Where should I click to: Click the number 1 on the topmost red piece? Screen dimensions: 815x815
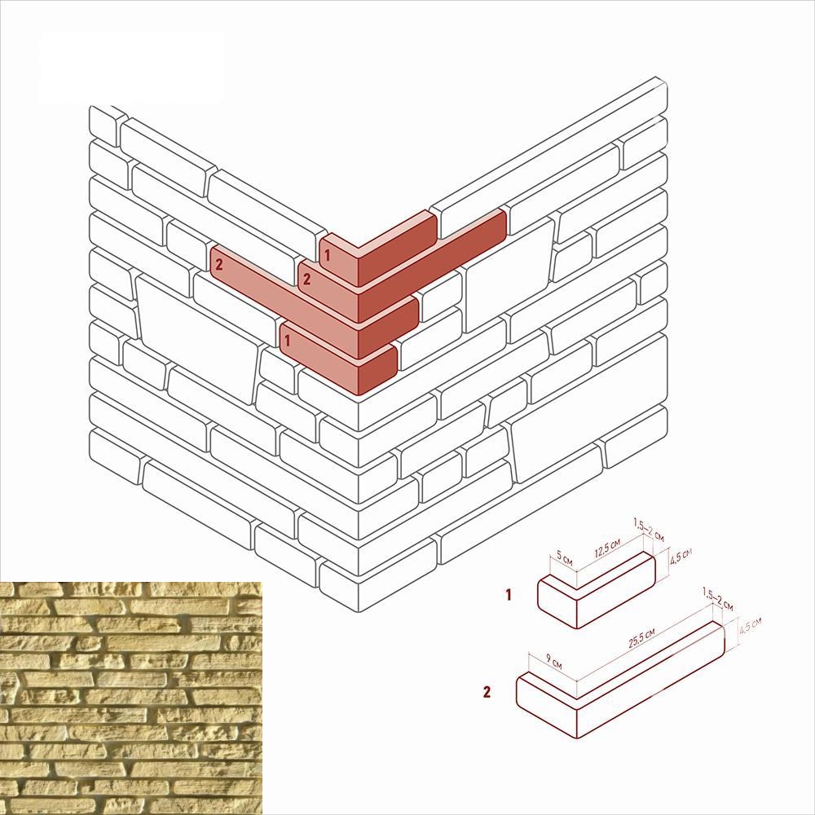point(328,255)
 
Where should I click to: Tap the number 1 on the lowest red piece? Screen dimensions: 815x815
point(288,341)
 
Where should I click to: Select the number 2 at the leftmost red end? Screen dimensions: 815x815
point(218,265)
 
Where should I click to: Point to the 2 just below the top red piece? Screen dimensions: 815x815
point(306,279)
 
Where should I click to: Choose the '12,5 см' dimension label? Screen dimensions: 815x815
point(608,548)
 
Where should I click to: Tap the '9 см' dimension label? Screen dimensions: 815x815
point(553,661)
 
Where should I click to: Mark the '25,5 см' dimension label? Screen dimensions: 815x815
point(641,638)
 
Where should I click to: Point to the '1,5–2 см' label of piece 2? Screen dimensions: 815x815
point(717,599)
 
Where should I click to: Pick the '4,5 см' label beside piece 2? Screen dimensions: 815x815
point(750,625)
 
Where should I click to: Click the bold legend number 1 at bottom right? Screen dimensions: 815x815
point(509,595)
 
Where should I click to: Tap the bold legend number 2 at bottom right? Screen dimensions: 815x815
point(487,692)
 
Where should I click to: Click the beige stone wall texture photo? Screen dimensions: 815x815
point(131,698)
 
